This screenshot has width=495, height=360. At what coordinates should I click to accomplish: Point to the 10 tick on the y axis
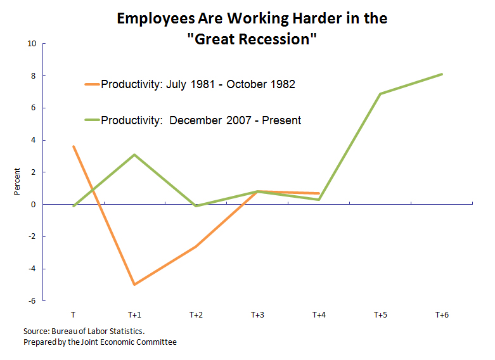32,44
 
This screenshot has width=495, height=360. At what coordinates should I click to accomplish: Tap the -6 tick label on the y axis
31,301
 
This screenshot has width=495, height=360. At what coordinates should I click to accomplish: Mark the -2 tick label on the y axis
31,236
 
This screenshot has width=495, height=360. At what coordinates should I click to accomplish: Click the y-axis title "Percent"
18,181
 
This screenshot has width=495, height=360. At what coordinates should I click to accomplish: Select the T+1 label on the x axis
134,314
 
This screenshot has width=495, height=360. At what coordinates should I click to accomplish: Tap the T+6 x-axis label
442,314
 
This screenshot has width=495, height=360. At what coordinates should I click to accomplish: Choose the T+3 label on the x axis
257,314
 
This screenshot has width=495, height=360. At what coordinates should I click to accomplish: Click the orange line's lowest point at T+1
134,285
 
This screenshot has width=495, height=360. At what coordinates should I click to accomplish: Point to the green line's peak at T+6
442,74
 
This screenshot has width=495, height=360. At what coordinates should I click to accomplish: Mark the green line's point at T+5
380,94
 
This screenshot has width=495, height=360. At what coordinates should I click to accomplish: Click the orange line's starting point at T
74,146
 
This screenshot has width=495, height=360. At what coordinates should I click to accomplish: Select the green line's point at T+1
134,155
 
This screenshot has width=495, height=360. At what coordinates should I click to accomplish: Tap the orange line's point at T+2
196,246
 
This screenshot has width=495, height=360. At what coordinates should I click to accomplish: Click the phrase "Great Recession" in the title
252,39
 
